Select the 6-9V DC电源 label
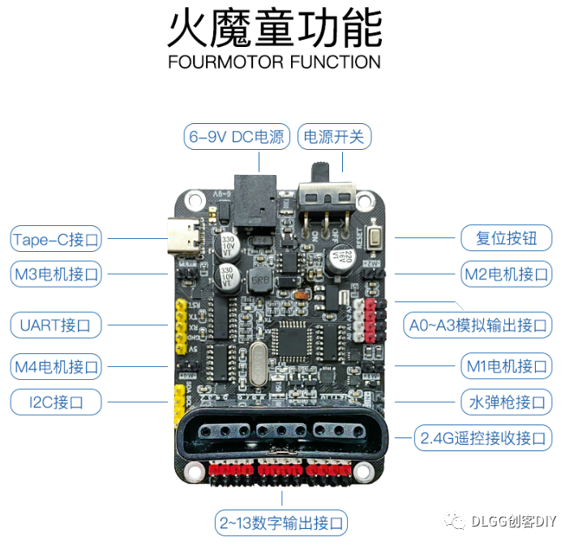(x=237, y=137)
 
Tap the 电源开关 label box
(x=335, y=137)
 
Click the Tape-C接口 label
(x=56, y=239)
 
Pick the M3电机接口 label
(x=56, y=274)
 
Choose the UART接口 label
(x=56, y=326)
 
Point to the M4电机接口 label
(x=56, y=366)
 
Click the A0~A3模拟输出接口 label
(x=478, y=326)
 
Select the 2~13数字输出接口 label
(x=281, y=522)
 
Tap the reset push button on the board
(x=375, y=238)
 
